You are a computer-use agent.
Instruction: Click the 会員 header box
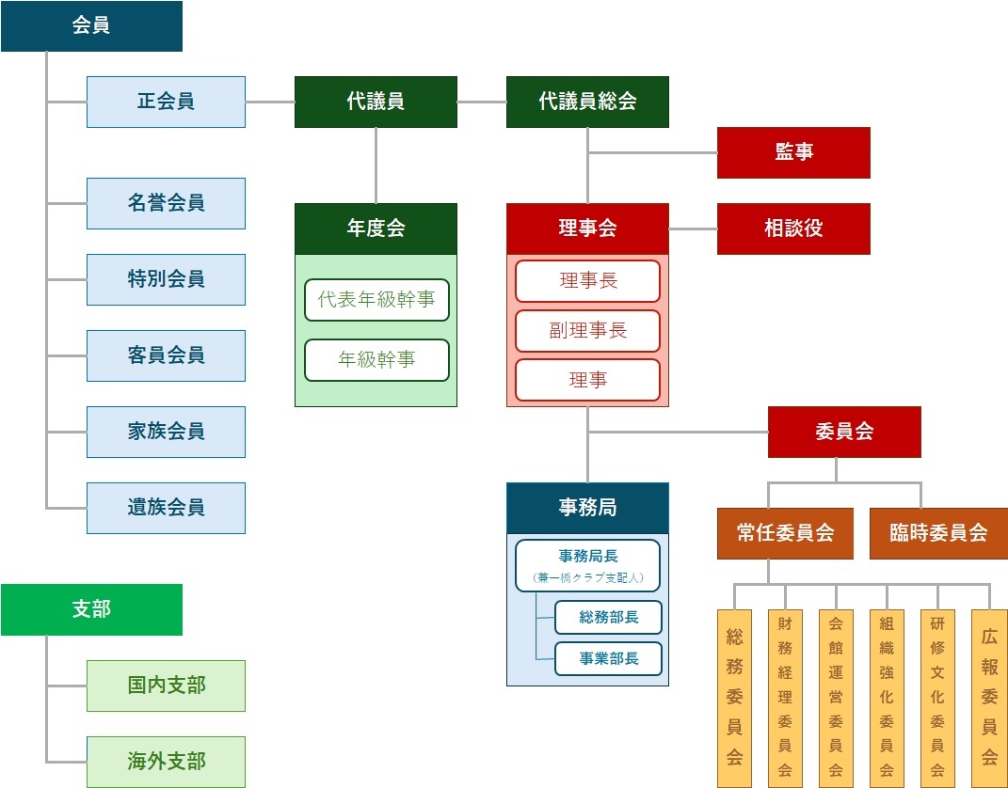(x=91, y=26)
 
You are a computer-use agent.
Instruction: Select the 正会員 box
(x=166, y=102)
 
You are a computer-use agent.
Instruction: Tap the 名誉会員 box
(x=166, y=203)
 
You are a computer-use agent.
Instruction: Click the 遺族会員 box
(x=166, y=508)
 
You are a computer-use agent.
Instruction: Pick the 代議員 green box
(x=376, y=102)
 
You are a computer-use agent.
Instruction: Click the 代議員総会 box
(x=587, y=102)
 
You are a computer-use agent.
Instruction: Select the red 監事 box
(x=793, y=152)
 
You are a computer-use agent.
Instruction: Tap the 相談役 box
(x=793, y=229)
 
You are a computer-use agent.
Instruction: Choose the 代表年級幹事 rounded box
(x=376, y=300)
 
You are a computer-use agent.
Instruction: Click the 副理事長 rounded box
(x=587, y=331)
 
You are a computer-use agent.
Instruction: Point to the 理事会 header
(x=587, y=229)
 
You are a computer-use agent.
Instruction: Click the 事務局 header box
(x=587, y=508)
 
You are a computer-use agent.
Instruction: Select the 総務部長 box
(x=608, y=618)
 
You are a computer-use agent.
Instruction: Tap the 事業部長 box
(x=608, y=659)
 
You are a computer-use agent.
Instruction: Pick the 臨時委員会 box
(x=938, y=533)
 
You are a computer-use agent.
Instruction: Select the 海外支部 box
(x=166, y=762)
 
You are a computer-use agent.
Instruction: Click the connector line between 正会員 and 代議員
(x=270, y=102)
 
